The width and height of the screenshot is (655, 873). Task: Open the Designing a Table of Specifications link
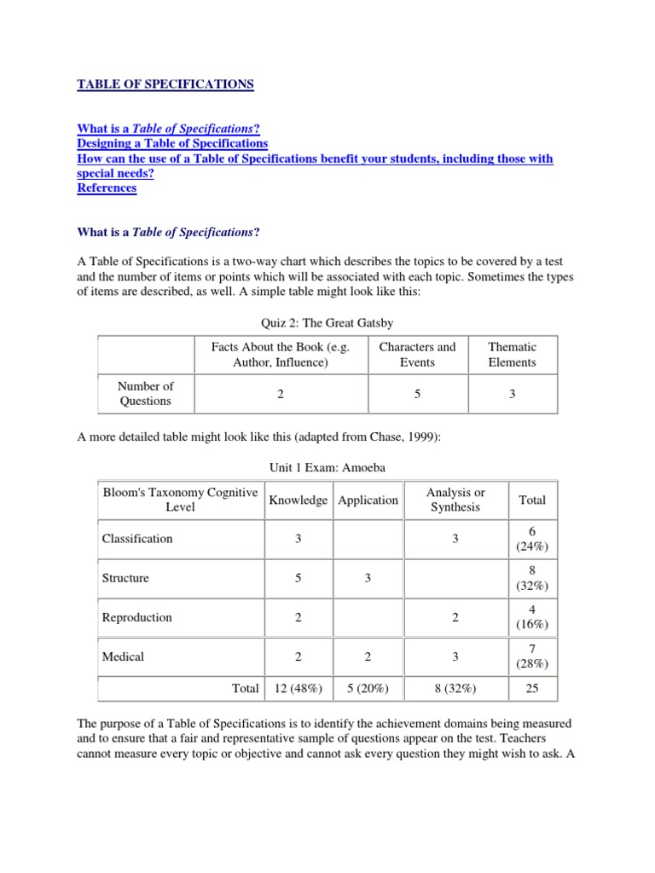[172, 143]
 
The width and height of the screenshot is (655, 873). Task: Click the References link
[107, 188]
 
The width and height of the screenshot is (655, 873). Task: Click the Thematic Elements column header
[512, 355]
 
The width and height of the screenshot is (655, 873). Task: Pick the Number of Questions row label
[145, 394]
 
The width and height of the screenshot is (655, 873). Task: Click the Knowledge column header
[298, 500]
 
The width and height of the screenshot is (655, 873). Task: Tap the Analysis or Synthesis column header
[455, 500]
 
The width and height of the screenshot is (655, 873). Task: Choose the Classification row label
[137, 539]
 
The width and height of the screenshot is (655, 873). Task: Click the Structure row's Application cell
[368, 578]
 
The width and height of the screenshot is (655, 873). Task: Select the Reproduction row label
[136, 617]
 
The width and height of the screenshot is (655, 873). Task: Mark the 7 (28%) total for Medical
[532, 656]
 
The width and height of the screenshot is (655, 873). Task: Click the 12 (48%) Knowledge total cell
[298, 688]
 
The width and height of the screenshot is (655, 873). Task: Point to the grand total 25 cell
[532, 688]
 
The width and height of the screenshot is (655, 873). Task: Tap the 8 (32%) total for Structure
[532, 578]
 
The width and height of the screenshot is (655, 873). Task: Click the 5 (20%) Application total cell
[368, 688]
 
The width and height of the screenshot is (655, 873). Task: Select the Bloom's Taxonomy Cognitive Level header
[180, 500]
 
